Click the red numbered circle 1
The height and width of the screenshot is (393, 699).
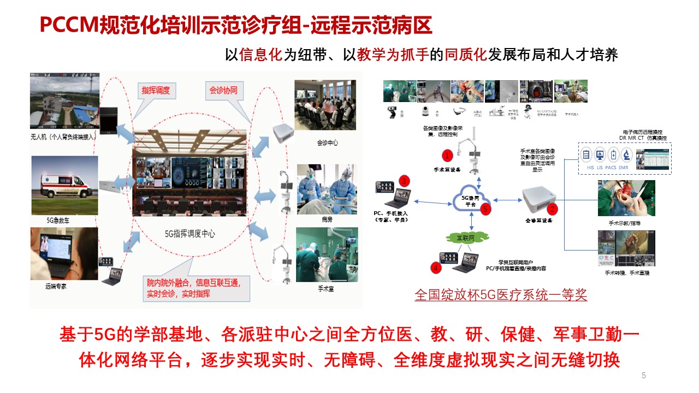448,156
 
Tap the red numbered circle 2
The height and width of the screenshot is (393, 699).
553,208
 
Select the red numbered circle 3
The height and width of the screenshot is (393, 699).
404,180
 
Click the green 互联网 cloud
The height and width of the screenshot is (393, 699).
465,237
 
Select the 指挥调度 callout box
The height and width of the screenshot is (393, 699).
155,91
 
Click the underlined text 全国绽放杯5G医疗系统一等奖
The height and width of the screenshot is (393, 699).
500,295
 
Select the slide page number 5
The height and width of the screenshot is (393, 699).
643,375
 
